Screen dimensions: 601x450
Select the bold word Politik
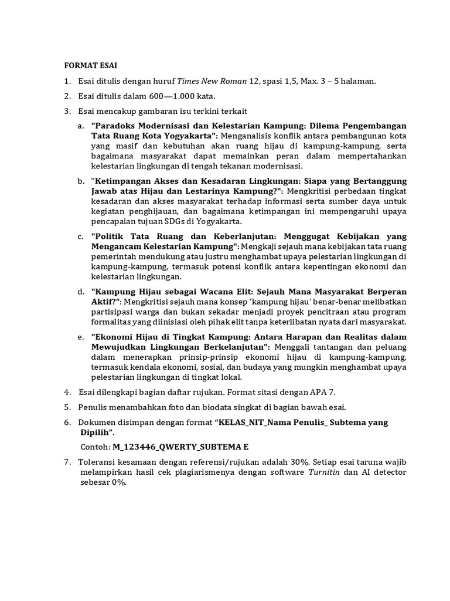click(x=111, y=237)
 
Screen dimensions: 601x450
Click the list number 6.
click(x=67, y=423)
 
